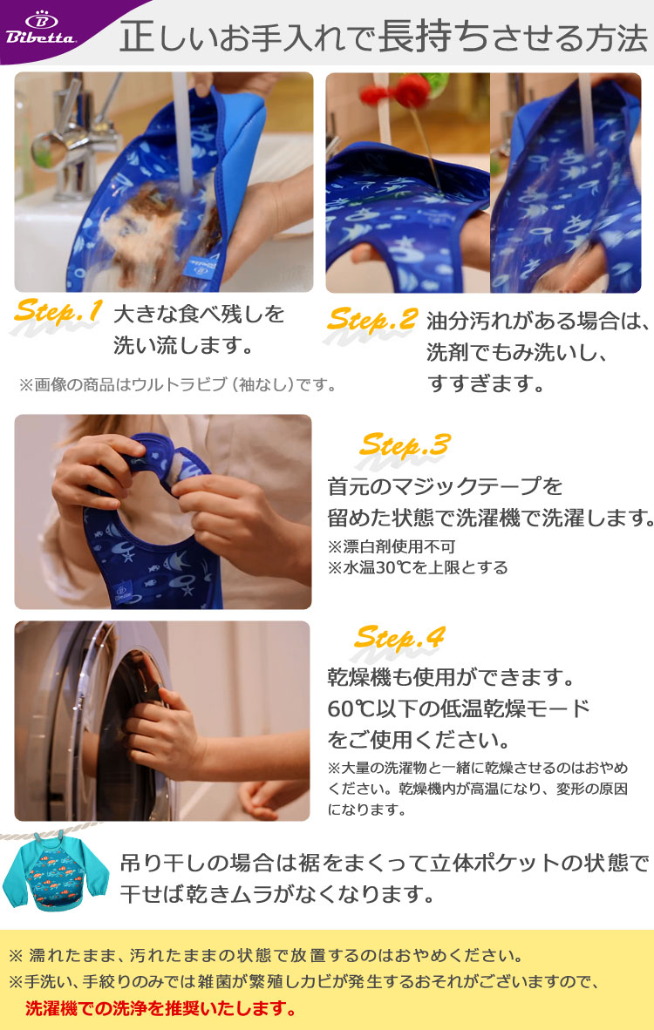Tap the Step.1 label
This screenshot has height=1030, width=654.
click(58, 311)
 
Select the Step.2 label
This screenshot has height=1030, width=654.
click(372, 320)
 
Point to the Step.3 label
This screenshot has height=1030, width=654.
click(405, 446)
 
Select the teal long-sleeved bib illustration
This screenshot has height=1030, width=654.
click(55, 871)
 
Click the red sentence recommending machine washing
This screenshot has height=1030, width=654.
click(160, 1007)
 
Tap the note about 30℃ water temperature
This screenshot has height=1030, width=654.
click(418, 567)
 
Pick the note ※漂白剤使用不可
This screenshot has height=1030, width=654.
click(391, 546)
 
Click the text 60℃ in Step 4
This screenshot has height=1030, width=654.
click(351, 708)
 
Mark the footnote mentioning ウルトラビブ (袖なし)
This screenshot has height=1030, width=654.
click(178, 384)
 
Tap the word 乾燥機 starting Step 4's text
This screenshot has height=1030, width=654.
click(359, 676)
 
